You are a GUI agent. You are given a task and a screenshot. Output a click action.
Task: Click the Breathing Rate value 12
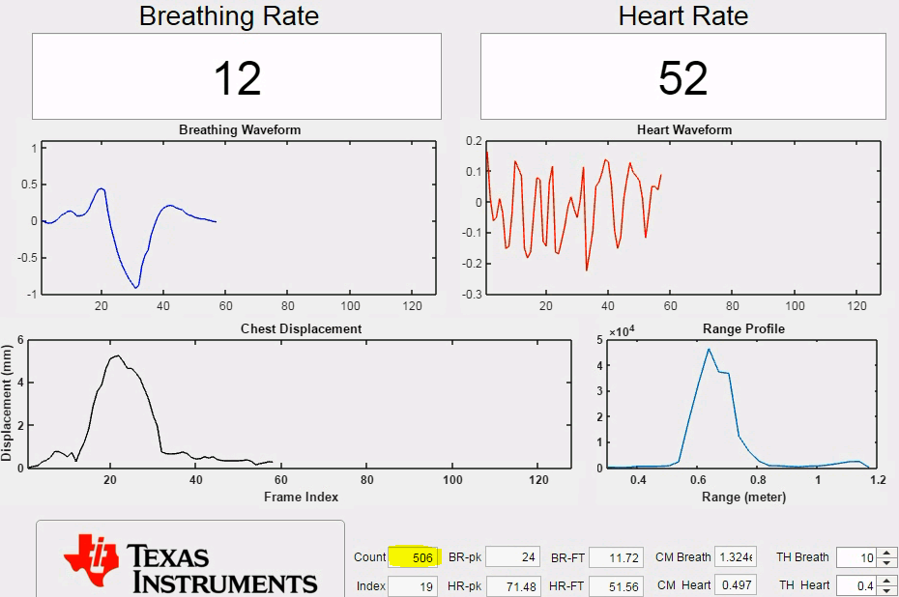(237, 78)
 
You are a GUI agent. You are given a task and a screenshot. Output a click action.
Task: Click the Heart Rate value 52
(683, 78)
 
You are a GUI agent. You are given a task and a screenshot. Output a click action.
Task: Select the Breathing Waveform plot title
(240, 130)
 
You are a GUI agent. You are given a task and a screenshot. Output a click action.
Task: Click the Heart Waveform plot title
(684, 130)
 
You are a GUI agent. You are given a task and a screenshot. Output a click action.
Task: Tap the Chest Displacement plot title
(301, 328)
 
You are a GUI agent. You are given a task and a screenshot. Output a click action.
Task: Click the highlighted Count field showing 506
(414, 557)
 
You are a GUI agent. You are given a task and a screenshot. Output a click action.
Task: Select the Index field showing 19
(414, 585)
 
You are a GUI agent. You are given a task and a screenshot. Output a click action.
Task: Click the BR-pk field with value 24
(511, 557)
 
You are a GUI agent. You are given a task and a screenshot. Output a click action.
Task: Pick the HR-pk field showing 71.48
(511, 585)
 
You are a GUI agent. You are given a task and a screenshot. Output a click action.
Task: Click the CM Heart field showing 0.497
(734, 585)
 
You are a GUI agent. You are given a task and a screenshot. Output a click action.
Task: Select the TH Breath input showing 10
(856, 557)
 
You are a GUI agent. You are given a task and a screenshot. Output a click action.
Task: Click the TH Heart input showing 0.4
(856, 585)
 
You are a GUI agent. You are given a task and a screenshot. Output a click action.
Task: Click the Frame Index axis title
(301, 497)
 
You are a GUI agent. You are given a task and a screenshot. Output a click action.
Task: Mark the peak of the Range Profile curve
(709, 349)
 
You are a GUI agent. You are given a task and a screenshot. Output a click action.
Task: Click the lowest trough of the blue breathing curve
(136, 287)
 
